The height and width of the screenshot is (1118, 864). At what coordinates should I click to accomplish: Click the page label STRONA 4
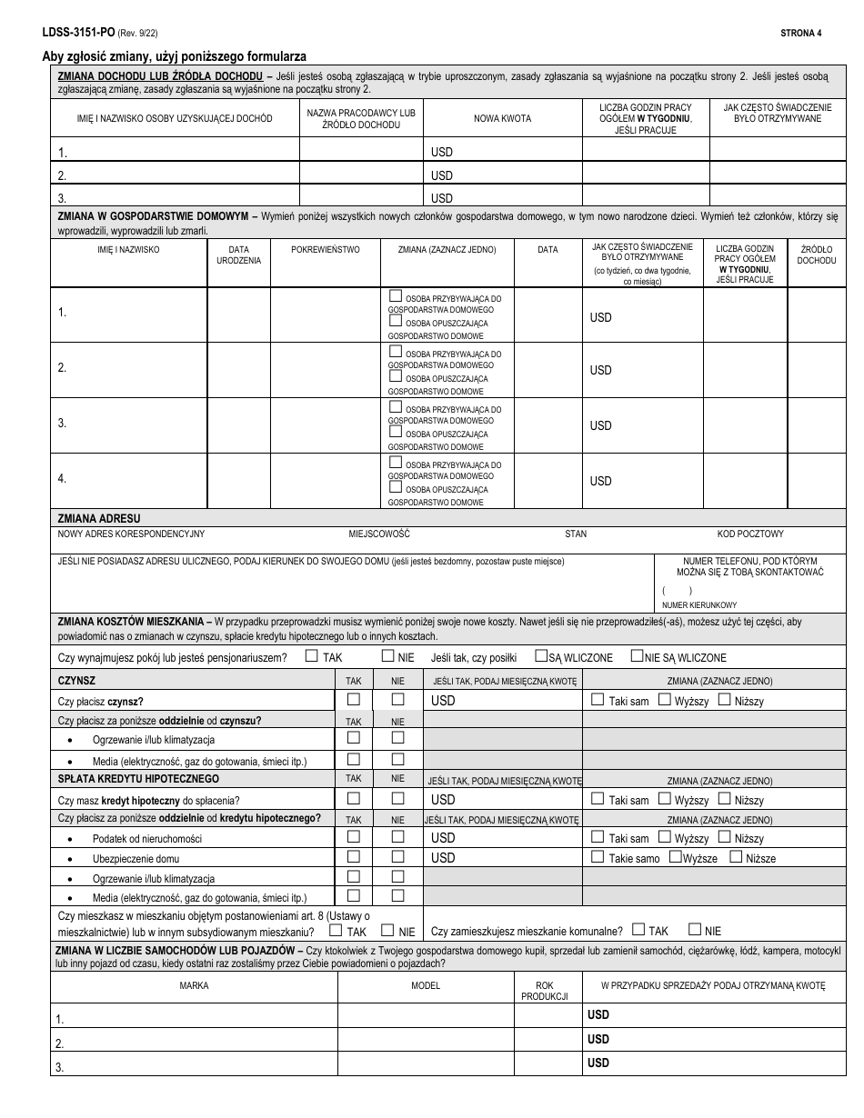[x=800, y=34]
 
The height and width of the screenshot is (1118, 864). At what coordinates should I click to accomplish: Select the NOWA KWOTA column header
[x=502, y=118]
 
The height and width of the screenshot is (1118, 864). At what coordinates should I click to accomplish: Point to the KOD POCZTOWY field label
[x=749, y=534]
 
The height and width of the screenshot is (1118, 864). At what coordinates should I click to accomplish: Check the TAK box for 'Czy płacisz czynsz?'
[x=354, y=699]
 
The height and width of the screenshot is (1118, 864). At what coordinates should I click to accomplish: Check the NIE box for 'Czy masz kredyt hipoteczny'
[x=397, y=798]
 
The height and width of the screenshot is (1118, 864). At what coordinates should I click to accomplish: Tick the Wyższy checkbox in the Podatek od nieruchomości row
[x=665, y=837]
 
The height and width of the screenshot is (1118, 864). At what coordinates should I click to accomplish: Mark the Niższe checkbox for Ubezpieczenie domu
[x=737, y=857]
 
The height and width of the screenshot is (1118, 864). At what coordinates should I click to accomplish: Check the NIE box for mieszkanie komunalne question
[x=695, y=929]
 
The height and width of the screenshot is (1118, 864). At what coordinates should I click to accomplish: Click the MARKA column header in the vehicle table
[x=194, y=985]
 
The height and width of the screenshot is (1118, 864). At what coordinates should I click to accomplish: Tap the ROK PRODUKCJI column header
[x=544, y=991]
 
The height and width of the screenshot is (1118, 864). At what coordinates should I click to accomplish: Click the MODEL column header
[x=425, y=985]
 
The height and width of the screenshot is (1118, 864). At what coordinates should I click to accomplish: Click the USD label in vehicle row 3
[x=598, y=1063]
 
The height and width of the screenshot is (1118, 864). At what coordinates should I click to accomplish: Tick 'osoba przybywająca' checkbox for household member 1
[x=395, y=296]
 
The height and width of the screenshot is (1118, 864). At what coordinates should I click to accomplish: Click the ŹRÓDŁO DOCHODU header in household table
[x=816, y=255]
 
